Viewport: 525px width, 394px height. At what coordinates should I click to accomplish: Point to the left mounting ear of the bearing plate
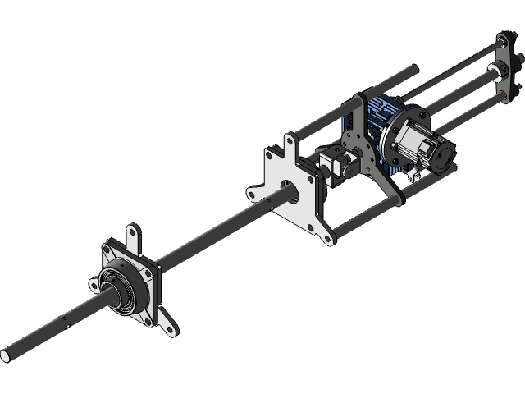[x=92, y=283]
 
